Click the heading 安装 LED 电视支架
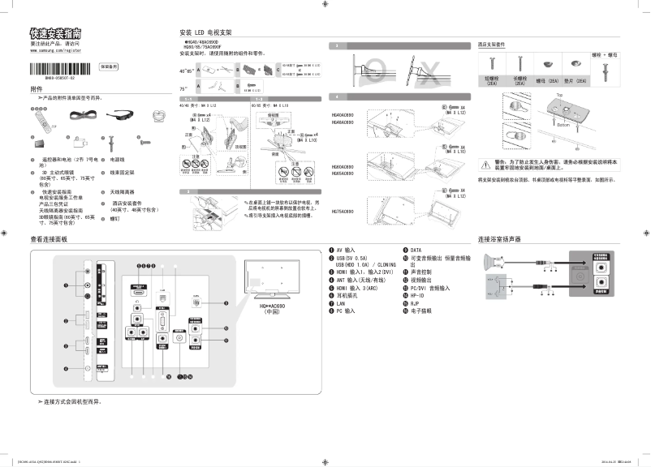click(x=205, y=32)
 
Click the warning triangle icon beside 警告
click(x=488, y=162)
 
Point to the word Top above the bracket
click(x=537, y=95)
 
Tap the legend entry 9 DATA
click(x=414, y=251)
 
